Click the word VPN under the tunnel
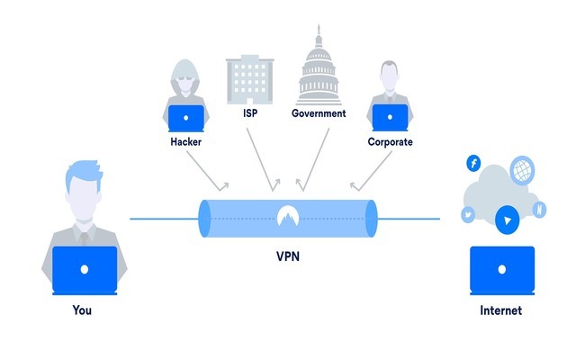click(x=287, y=256)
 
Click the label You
click(x=82, y=311)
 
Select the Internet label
click(x=501, y=311)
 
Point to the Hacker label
click(x=187, y=142)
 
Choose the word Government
click(x=319, y=114)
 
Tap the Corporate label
click(x=390, y=142)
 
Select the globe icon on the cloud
click(x=522, y=168)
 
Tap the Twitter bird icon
click(x=469, y=214)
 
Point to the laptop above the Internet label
click(x=502, y=270)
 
